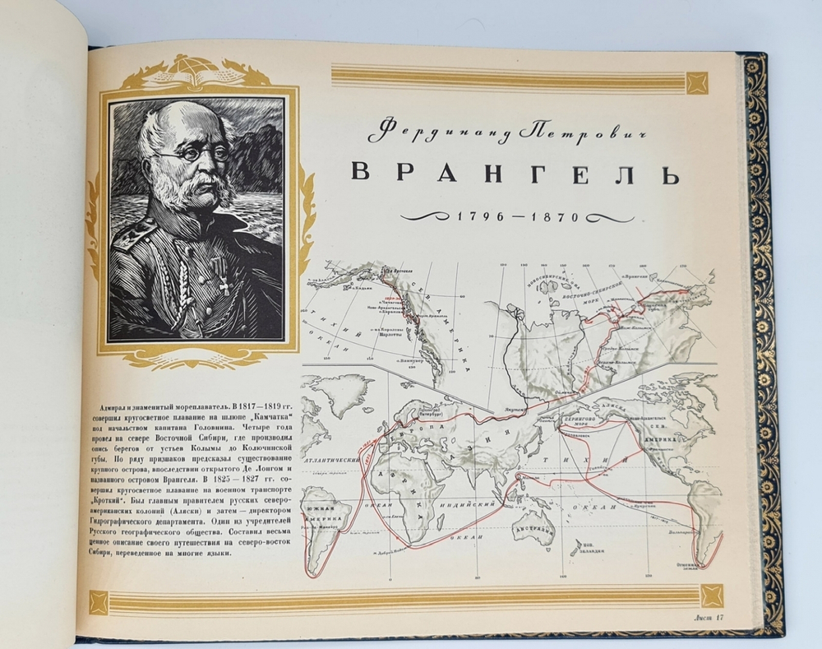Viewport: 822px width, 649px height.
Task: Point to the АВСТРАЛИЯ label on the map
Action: pos(535,526)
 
